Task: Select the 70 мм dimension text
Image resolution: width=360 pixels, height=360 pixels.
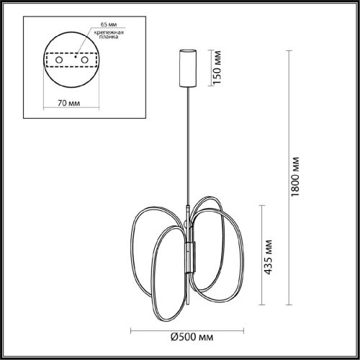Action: (x=69, y=102)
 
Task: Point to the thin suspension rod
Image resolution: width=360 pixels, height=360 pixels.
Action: (x=190, y=144)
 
